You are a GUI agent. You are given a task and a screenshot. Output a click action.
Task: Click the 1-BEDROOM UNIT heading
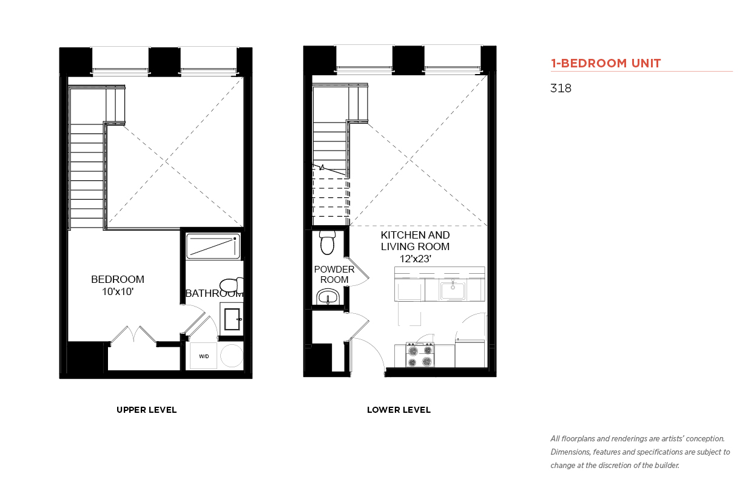[x=605, y=63]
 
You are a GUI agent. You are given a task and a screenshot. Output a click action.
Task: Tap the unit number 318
[x=561, y=88]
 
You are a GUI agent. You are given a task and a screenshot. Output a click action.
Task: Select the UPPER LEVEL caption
[x=146, y=410]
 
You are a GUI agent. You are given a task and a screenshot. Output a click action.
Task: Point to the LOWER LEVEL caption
[x=399, y=410]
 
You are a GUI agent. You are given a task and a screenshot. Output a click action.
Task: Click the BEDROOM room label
[x=118, y=279]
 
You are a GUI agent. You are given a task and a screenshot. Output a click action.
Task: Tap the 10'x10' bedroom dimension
[x=118, y=291]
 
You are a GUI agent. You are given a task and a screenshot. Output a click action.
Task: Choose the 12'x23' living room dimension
[x=416, y=259]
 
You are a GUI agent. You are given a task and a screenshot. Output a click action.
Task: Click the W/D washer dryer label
[x=204, y=356]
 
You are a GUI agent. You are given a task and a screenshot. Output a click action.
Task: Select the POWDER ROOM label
[x=334, y=274]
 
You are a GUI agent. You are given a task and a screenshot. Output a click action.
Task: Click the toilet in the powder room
[x=328, y=242]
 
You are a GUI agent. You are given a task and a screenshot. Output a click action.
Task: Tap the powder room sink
[x=328, y=297]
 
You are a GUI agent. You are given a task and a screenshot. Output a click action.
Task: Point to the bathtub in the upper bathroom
[x=213, y=246]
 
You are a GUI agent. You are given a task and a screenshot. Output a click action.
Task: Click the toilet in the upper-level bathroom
[x=232, y=285]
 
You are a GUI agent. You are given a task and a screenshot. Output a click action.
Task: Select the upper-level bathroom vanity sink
[x=232, y=319]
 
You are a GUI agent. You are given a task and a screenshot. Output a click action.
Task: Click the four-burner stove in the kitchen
[x=420, y=355]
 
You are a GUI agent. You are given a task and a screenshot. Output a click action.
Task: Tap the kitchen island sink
[x=453, y=290]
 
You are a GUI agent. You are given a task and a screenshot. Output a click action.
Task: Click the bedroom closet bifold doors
[x=133, y=334]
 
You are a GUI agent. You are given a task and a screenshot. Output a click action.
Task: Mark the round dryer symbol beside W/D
[x=232, y=356]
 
